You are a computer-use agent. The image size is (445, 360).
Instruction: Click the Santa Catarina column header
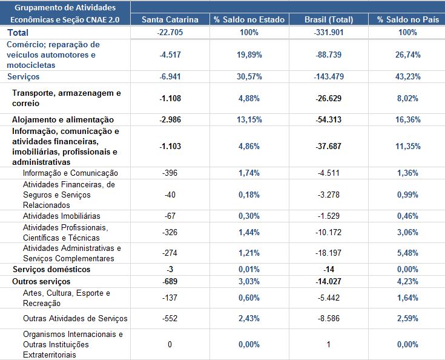click(x=170, y=19)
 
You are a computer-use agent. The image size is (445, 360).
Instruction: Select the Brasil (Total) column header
click(x=329, y=19)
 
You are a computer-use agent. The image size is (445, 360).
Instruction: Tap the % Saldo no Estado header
click(x=249, y=19)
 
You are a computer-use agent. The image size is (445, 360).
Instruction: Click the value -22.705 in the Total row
click(x=170, y=32)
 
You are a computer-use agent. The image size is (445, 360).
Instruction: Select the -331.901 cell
click(x=329, y=32)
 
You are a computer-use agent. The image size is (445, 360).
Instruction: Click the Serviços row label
click(x=24, y=76)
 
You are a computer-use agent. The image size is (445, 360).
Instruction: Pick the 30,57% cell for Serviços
click(x=249, y=76)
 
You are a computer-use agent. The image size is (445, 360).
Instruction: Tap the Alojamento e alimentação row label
click(x=63, y=119)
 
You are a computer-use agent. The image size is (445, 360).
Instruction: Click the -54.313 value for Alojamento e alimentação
click(x=329, y=119)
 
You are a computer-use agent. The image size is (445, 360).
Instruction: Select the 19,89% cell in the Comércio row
click(x=249, y=55)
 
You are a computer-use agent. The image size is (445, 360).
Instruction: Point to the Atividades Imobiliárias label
click(x=61, y=216)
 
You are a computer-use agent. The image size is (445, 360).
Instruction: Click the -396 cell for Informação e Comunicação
click(x=170, y=173)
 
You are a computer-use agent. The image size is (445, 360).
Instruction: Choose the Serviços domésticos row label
click(x=51, y=269)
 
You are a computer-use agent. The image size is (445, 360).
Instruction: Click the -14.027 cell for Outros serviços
click(x=329, y=281)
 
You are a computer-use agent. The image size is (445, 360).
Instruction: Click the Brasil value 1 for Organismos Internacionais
click(x=329, y=344)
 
